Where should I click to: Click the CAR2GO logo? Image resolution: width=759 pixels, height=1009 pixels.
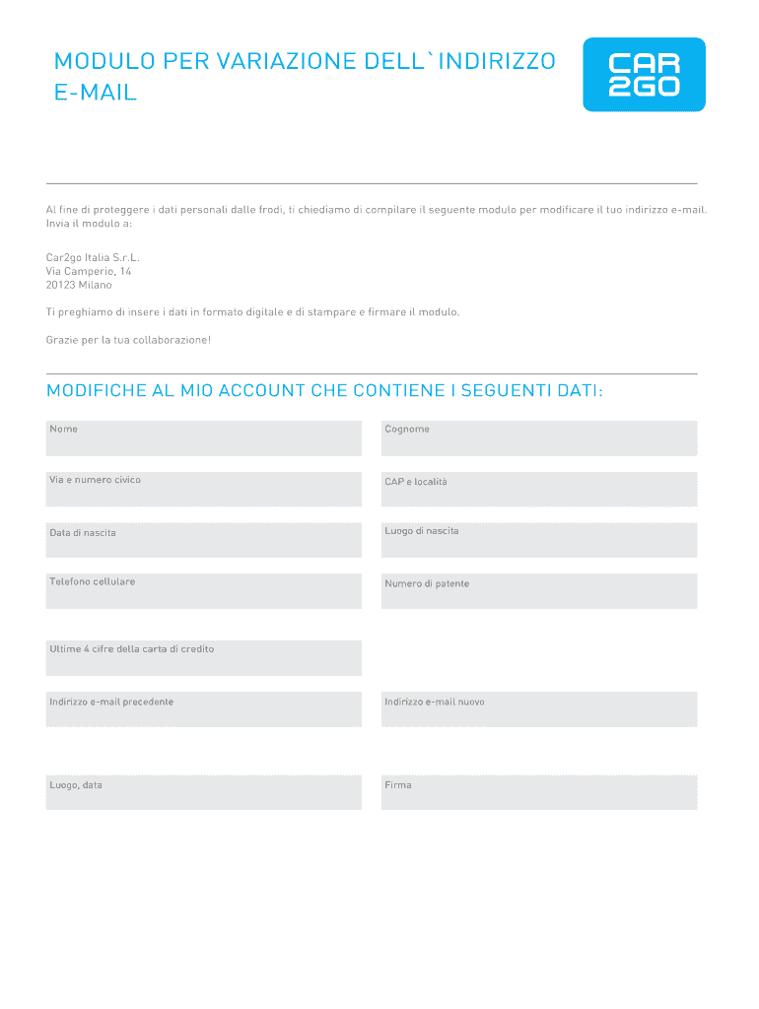(x=645, y=75)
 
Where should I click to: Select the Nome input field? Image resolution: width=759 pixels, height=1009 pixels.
(x=203, y=438)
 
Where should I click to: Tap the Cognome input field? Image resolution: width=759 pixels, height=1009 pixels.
(x=538, y=438)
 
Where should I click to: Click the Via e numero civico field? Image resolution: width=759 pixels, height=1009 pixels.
(x=203, y=490)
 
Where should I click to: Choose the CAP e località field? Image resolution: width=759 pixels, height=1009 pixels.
(x=538, y=490)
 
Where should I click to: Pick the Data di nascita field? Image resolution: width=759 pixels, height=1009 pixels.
(x=203, y=541)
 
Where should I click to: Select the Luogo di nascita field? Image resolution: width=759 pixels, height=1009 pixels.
(x=538, y=541)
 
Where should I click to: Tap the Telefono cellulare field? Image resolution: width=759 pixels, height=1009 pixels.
(x=203, y=591)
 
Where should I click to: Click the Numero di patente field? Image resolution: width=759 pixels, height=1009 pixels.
(x=538, y=591)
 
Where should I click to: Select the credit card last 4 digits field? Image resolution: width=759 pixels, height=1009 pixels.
(x=203, y=658)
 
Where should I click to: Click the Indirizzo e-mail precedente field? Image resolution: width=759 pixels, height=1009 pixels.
(x=203, y=709)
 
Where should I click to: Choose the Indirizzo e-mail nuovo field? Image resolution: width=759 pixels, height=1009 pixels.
(x=538, y=709)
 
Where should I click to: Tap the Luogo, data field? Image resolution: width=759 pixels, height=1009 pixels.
(x=203, y=793)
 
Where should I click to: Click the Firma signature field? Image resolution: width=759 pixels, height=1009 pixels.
(x=538, y=793)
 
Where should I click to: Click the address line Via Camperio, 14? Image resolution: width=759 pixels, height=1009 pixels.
(x=89, y=271)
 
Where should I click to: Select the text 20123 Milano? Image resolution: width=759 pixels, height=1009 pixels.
(x=79, y=285)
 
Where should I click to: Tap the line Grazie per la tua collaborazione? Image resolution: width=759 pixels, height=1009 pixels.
(x=128, y=340)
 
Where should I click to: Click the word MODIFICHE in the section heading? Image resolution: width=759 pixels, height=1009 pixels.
(x=97, y=391)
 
